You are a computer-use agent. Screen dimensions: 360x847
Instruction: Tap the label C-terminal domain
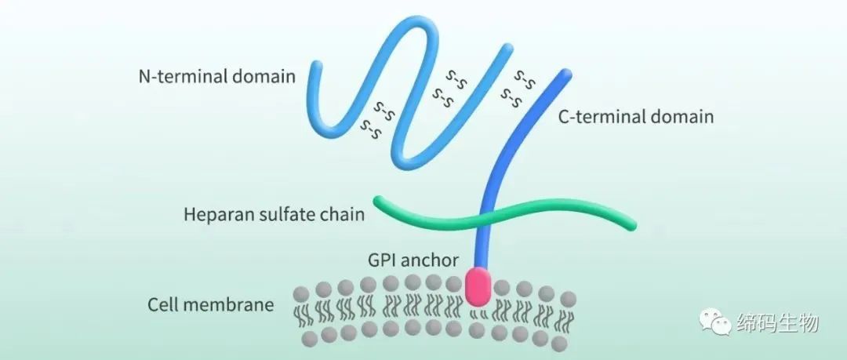coord(635,118)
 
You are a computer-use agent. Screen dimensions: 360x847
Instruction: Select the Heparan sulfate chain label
coord(274,213)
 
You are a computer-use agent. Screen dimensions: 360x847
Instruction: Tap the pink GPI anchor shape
coord(480,286)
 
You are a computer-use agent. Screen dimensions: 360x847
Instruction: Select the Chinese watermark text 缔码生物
coord(777,322)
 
